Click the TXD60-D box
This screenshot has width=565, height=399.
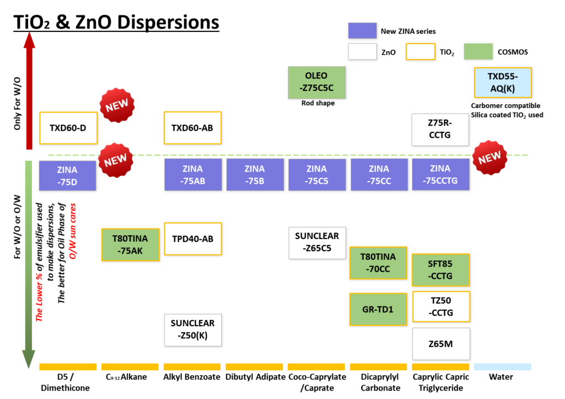point(68,128)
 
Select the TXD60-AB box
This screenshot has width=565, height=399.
point(193,128)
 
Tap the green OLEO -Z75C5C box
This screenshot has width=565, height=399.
point(317,82)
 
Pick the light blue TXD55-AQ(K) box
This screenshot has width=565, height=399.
point(503,82)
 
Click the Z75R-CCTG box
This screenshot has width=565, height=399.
point(440,130)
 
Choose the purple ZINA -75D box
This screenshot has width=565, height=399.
point(67,175)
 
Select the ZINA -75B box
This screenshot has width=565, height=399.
point(255,175)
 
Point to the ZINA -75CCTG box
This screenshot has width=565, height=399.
point(440,174)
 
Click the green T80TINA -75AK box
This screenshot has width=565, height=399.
point(130,244)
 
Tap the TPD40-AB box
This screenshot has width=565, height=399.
point(193,239)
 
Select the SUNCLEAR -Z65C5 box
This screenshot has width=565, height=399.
point(317,243)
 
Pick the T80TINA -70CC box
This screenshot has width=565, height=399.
point(378,263)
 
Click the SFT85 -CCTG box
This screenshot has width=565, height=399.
point(440,270)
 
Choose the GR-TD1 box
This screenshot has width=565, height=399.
point(378,309)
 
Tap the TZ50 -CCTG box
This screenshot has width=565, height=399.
point(441,306)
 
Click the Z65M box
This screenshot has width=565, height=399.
point(441,344)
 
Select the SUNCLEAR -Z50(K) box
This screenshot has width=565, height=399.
point(193,329)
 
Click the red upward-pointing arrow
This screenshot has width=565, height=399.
point(29,91)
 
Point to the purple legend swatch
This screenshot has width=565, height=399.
point(362,30)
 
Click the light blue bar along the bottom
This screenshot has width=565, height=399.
point(503,367)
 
